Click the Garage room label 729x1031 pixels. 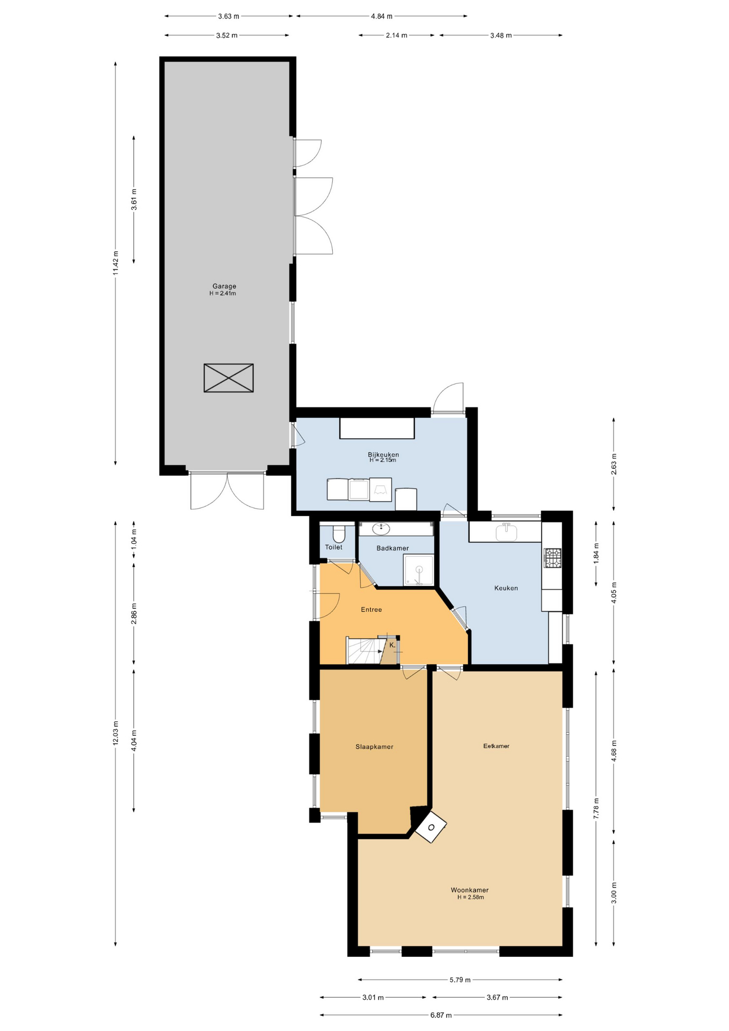coord(224,286)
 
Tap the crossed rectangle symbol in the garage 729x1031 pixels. coord(228,378)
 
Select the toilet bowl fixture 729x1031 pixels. coord(339,534)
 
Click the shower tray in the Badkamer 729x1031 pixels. coord(419,570)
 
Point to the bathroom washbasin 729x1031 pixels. coord(381,529)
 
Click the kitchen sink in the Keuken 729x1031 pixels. coord(506,532)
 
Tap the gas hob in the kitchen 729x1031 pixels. coord(552,558)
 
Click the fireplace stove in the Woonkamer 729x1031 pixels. coord(431,827)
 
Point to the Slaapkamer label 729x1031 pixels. coord(374,747)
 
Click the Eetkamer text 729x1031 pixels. coord(496,746)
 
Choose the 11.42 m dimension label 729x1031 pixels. coord(115,263)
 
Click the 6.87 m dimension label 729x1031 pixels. coord(441,1015)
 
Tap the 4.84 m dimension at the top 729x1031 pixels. coord(382,16)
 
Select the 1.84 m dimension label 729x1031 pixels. coord(596,553)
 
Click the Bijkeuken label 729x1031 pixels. coord(383,454)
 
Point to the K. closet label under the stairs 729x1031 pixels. coord(392,645)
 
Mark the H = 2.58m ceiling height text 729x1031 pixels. coord(470,897)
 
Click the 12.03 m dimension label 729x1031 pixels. coord(115,733)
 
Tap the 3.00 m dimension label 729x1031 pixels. coord(614,892)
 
